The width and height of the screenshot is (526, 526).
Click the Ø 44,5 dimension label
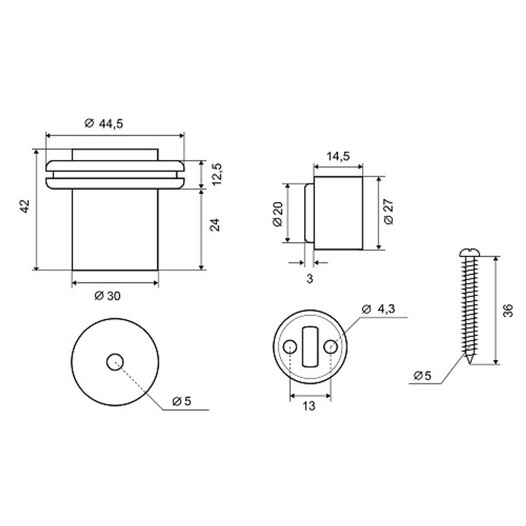tap(104, 124)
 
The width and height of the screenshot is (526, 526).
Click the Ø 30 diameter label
tap(107, 296)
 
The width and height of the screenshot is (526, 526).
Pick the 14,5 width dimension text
tap(338, 156)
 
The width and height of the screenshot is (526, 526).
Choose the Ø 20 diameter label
tap(278, 214)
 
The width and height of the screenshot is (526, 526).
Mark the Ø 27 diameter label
tap(389, 211)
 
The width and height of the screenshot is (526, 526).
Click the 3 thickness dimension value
tap(310, 279)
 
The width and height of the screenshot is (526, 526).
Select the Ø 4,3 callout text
tap(378, 309)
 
